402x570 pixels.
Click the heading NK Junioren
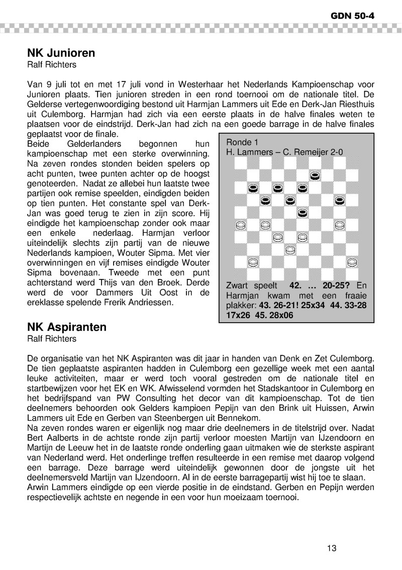[61, 53]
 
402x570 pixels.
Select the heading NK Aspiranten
[67, 327]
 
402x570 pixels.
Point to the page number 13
[331, 548]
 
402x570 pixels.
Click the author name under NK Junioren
[52, 64]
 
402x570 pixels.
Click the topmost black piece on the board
[315, 175]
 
